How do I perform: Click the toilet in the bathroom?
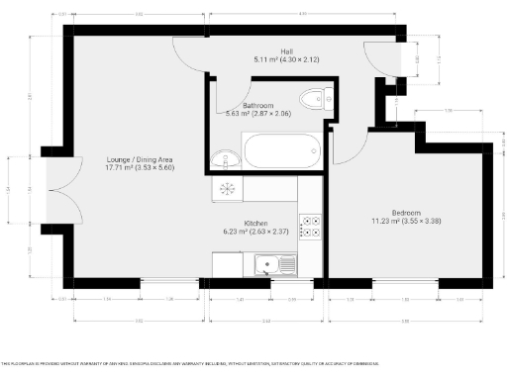click(x=316, y=98)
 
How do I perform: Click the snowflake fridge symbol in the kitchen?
click(x=226, y=188)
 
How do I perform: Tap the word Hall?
click(x=286, y=51)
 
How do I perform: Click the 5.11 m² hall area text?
click(x=286, y=60)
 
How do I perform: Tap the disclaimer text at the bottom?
click(x=188, y=363)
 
